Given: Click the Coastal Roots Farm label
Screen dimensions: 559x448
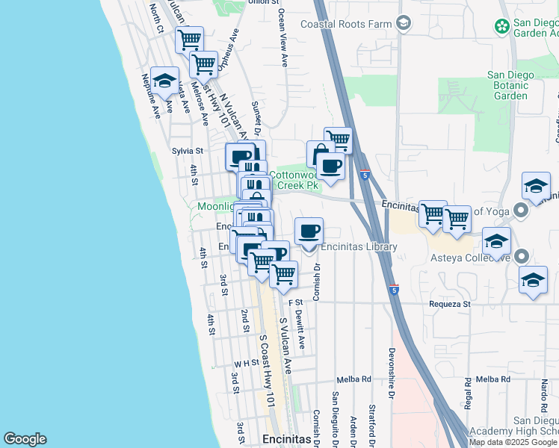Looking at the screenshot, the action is (346, 24).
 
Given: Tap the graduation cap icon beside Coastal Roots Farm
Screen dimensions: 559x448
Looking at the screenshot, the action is (404, 24).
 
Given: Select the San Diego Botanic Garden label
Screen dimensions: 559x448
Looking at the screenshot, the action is (510, 85).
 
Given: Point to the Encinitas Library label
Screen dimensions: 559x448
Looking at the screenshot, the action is (358, 247).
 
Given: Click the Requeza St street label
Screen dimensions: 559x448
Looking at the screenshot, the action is (449, 304).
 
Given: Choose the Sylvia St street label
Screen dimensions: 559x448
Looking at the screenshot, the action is (188, 151).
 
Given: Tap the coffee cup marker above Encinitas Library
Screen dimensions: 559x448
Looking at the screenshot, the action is (309, 231).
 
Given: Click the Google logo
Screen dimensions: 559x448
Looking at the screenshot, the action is (25, 439).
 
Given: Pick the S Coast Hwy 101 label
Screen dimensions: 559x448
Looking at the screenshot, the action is (265, 369).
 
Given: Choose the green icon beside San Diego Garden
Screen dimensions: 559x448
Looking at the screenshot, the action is (502, 27).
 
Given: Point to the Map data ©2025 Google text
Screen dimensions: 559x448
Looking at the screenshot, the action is (513, 441).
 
